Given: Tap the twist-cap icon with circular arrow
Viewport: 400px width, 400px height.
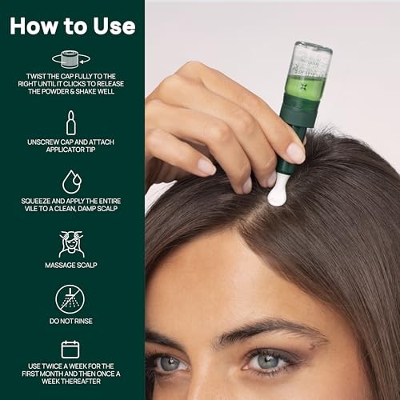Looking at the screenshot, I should click(x=71, y=58).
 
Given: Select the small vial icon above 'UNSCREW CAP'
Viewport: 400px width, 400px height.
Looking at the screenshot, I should click(x=71, y=122).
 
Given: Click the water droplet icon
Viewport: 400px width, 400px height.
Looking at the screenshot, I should click(x=71, y=182).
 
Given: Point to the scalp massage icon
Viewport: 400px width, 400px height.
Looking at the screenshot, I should click(x=71, y=243).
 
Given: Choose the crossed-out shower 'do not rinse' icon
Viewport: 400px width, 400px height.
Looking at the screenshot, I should click(x=71, y=299).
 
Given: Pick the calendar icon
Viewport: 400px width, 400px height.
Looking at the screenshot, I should click(x=71, y=350).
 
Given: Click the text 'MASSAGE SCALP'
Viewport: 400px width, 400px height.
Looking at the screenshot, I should click(x=71, y=264).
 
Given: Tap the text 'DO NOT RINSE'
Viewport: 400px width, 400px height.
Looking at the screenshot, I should click(x=71, y=320).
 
